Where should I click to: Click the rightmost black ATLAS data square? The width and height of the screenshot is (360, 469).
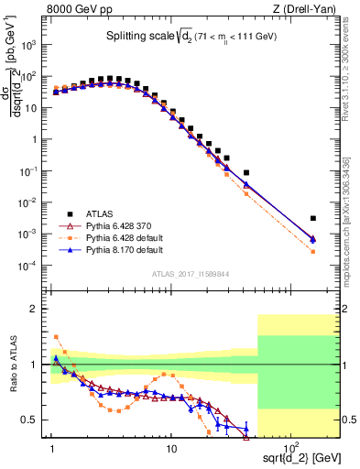click(313, 218)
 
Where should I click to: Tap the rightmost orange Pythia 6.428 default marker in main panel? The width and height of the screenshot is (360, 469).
click(313, 251)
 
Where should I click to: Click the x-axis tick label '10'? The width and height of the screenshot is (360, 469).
click(171, 452)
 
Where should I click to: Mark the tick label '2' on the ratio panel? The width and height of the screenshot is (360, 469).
click(37, 309)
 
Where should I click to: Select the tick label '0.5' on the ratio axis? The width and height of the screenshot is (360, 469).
click(32, 420)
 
